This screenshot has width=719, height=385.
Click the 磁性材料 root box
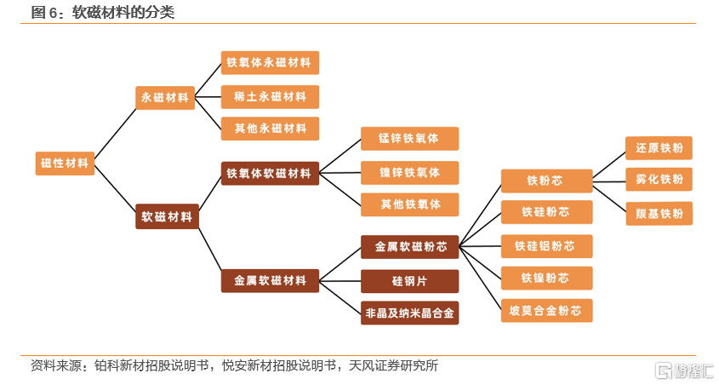(x=65, y=163)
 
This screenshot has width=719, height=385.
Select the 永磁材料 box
(x=166, y=97)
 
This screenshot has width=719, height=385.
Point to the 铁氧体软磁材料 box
(x=270, y=174)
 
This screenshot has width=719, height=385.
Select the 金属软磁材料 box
(x=270, y=280)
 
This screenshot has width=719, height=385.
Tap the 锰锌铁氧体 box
(x=409, y=139)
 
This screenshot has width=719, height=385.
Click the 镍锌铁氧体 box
(x=409, y=172)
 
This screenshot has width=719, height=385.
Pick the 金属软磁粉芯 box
(x=409, y=247)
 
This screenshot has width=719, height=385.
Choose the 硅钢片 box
(x=409, y=281)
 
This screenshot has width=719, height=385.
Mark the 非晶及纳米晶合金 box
(x=409, y=313)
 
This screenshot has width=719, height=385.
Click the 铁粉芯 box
(x=546, y=181)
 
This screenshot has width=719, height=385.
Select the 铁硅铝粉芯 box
(x=546, y=246)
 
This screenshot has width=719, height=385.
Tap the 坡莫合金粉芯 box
(x=546, y=310)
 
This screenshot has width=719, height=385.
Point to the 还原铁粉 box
(x=659, y=147)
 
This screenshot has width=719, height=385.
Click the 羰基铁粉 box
(x=659, y=213)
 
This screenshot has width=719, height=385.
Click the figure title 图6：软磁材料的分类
(x=102, y=12)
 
